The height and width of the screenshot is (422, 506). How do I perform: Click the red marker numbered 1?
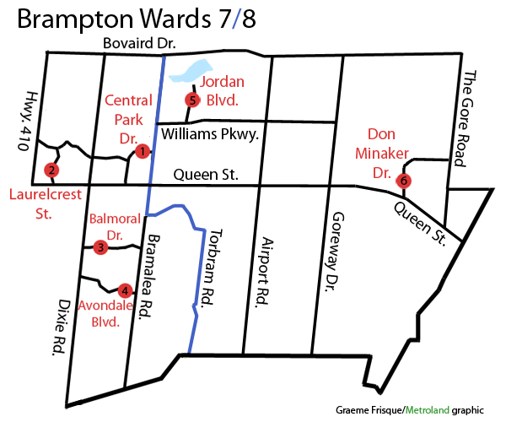tap(142, 151)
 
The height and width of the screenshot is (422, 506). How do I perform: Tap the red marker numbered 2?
tap(52, 170)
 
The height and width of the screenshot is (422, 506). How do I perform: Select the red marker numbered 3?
tap(100, 247)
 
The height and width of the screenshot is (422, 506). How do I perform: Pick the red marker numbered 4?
tap(125, 289)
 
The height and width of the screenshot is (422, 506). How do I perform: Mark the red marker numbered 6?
tap(403, 181)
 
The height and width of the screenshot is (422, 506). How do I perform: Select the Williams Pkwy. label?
tap(208, 134)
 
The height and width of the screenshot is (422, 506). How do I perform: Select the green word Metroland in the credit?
tap(428, 409)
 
